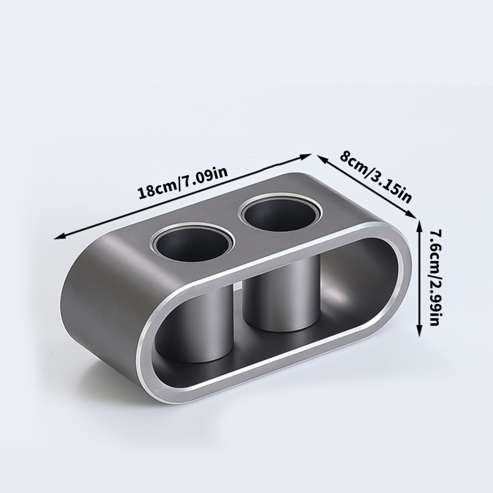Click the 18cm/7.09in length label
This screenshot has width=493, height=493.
click(183, 183)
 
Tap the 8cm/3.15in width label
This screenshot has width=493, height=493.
click(375, 177)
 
